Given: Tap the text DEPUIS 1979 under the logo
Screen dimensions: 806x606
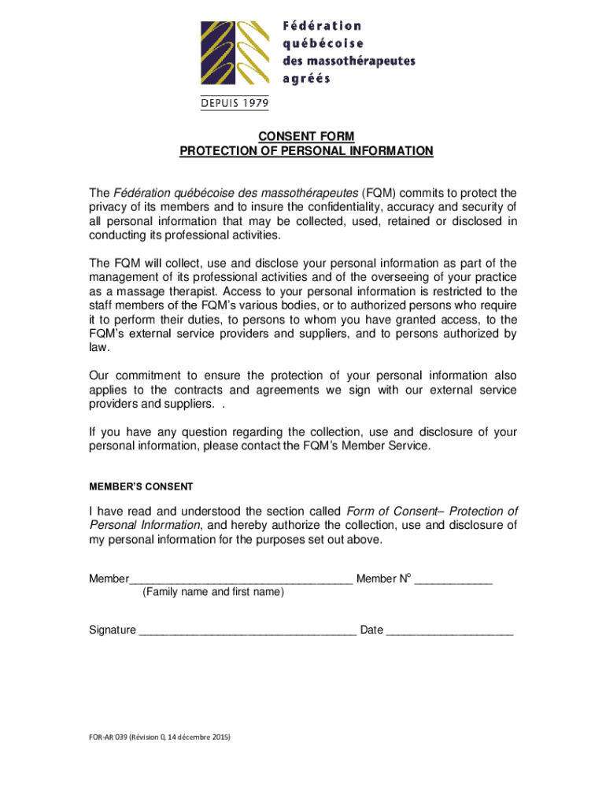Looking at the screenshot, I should tap(234, 102).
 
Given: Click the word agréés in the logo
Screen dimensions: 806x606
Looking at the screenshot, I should tap(306, 78).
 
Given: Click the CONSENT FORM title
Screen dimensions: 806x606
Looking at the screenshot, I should tap(306, 136).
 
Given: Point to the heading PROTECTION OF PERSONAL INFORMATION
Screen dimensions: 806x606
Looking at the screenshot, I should tap(306, 150).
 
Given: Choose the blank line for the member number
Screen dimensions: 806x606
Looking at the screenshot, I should tap(453, 581).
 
